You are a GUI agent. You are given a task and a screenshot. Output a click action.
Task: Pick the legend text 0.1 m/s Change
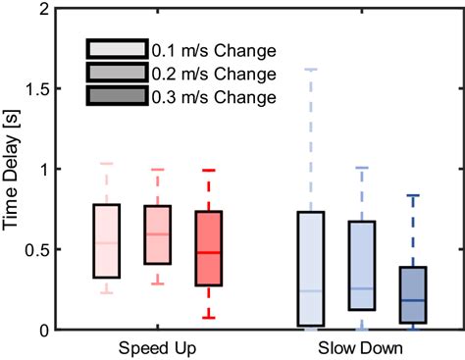coord(213,50)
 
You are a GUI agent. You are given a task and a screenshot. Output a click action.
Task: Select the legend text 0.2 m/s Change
coord(213,74)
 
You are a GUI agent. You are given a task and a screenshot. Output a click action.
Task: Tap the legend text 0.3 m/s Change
coord(213,97)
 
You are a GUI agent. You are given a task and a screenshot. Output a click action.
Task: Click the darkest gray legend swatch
coord(117,97)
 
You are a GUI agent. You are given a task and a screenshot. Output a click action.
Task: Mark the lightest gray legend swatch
coord(117,50)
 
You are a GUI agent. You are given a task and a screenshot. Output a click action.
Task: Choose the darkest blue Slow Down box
coord(411,295)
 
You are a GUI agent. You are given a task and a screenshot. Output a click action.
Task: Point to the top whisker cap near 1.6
coord(310,70)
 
